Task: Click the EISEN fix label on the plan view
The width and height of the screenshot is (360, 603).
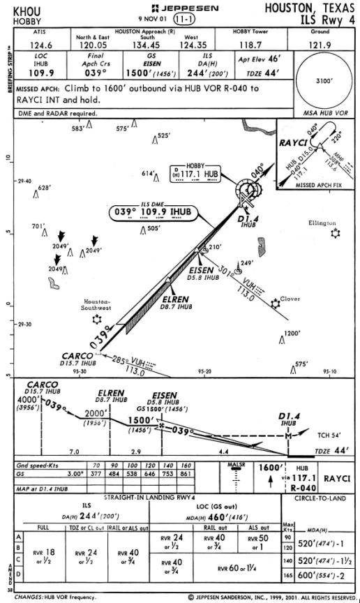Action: [x=202, y=269]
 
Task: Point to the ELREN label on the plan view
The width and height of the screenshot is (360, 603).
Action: [x=168, y=297]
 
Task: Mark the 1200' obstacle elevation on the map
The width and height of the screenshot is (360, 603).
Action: [x=292, y=334]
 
